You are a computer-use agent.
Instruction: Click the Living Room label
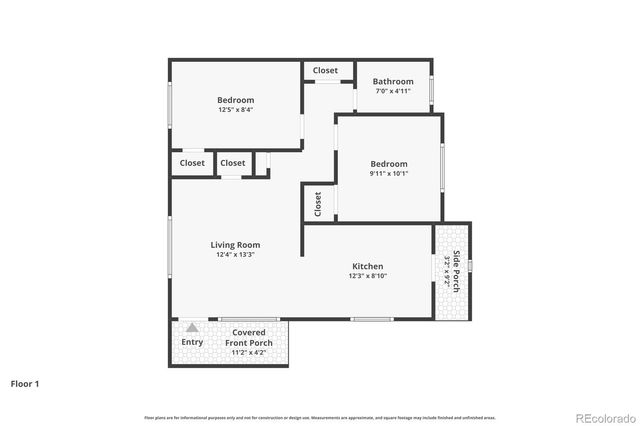pos(235,245)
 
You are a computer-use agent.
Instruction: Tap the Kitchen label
pos(367,266)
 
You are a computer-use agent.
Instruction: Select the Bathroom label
pos(393,81)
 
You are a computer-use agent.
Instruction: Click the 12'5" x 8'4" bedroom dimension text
pos(236,110)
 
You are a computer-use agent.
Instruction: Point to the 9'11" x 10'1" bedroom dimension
pos(389,173)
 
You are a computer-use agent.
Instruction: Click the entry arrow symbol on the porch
pos(192,327)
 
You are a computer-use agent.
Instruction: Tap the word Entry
pos(192,342)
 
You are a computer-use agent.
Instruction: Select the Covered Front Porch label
pos(249,337)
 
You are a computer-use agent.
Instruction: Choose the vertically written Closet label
pos(318,204)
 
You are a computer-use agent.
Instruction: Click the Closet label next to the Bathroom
pos(325,71)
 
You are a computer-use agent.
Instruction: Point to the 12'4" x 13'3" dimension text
pos(235,255)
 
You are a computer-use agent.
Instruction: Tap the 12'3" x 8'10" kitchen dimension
pos(367,276)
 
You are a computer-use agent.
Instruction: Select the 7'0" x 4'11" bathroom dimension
pos(393,91)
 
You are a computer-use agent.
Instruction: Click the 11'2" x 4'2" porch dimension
pos(249,353)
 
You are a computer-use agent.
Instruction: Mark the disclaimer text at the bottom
pos(320,417)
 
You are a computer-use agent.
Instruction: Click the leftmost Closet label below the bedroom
pos(192,163)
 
